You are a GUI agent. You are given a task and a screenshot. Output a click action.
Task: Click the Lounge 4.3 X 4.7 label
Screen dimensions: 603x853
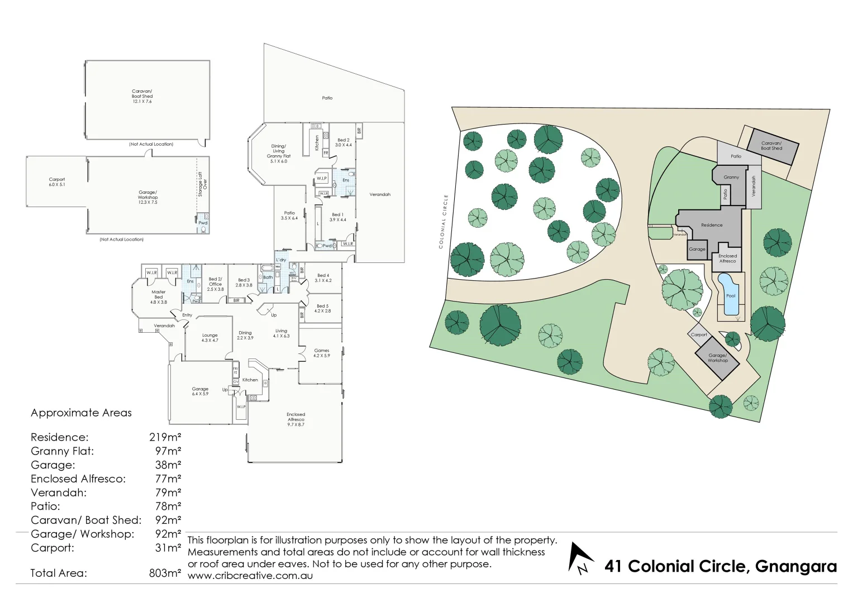(210, 338)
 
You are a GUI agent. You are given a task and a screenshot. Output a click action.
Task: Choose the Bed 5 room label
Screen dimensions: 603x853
(323, 308)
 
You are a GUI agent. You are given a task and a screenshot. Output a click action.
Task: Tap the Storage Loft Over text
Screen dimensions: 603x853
(202, 184)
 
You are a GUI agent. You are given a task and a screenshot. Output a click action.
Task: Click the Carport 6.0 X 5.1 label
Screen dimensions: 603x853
(57, 182)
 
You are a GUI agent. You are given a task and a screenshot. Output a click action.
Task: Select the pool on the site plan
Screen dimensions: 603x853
(730, 294)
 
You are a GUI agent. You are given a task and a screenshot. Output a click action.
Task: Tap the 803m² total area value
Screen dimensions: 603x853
(165, 573)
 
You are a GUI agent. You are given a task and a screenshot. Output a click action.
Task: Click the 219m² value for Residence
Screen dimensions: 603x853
(165, 437)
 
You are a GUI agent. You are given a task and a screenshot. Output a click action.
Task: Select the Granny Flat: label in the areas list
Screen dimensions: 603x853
(62, 451)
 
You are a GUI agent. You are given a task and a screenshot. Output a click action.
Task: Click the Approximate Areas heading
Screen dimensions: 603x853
(81, 413)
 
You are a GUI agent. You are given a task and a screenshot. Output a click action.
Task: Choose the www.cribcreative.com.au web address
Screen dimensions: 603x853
(250, 576)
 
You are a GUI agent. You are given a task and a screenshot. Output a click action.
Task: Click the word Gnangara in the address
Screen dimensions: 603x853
(795, 566)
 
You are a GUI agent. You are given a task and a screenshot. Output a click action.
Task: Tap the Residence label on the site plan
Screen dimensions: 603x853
(712, 225)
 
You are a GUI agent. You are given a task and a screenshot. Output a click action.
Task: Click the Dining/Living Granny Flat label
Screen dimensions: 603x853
(278, 154)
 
